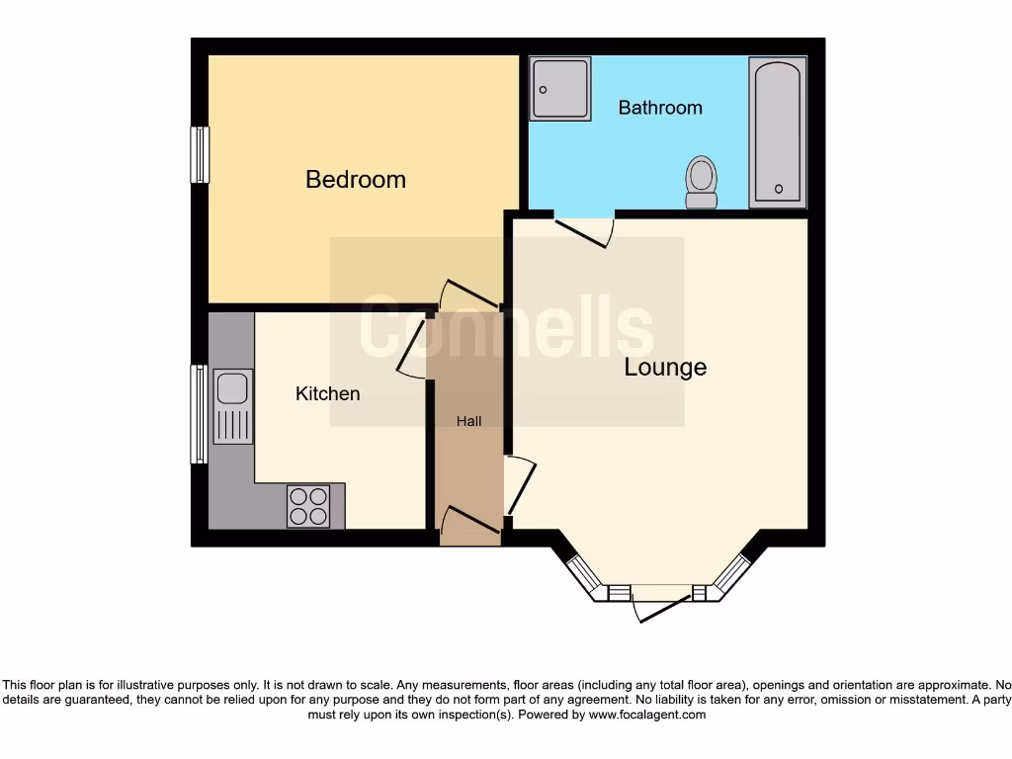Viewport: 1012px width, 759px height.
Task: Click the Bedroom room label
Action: [356, 179]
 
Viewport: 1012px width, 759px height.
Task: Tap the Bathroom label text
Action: [660, 107]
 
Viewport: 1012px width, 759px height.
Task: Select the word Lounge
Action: [665, 367]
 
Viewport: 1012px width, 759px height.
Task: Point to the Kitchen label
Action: [328, 393]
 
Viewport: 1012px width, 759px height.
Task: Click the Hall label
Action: [468, 421]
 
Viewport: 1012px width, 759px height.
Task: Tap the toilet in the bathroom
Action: [702, 182]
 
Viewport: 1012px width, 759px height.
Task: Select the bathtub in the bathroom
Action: [778, 132]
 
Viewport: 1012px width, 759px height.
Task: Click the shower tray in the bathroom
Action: [560, 89]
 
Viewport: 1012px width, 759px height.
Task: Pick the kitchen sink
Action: [232, 406]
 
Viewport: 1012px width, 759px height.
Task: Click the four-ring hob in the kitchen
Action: [307, 506]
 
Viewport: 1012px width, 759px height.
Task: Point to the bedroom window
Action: [200, 154]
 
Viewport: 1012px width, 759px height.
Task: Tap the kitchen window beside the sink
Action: [200, 414]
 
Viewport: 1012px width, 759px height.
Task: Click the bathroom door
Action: [585, 230]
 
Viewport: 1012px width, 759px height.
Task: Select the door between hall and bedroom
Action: [470, 294]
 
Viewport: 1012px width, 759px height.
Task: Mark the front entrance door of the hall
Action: [470, 520]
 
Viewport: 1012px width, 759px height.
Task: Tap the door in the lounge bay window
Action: [662, 604]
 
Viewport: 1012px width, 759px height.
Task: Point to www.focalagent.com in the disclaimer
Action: [646, 715]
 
